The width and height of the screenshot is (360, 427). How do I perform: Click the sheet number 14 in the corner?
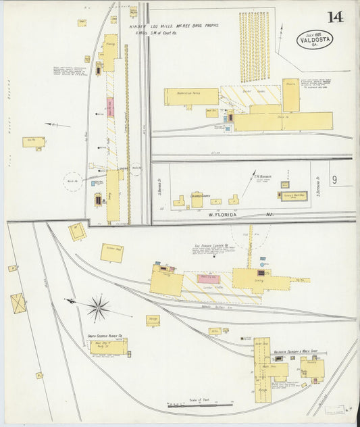click(335, 16)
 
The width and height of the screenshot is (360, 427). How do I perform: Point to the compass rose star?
click(99, 309)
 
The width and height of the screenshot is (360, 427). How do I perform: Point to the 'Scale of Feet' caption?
click(200, 400)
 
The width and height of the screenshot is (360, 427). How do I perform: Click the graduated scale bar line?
click(200, 406)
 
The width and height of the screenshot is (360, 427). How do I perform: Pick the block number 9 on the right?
click(334, 180)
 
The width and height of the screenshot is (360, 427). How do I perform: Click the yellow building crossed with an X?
click(19, 303)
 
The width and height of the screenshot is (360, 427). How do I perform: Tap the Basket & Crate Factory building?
click(191, 97)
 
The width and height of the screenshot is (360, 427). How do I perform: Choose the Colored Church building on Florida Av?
click(197, 199)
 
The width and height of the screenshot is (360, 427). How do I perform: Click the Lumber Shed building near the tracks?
click(111, 253)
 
